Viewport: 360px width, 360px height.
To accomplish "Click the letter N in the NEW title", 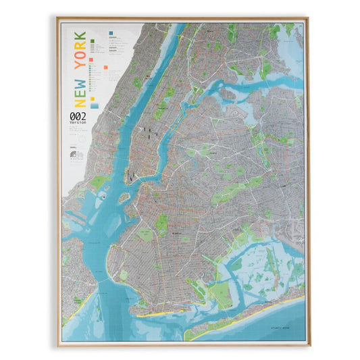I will (x=79, y=101).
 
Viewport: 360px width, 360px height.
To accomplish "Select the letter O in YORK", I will (x=79, y=59).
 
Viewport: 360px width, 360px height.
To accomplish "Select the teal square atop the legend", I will (x=110, y=31).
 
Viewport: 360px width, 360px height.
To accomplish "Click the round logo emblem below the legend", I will (x=74, y=155).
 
